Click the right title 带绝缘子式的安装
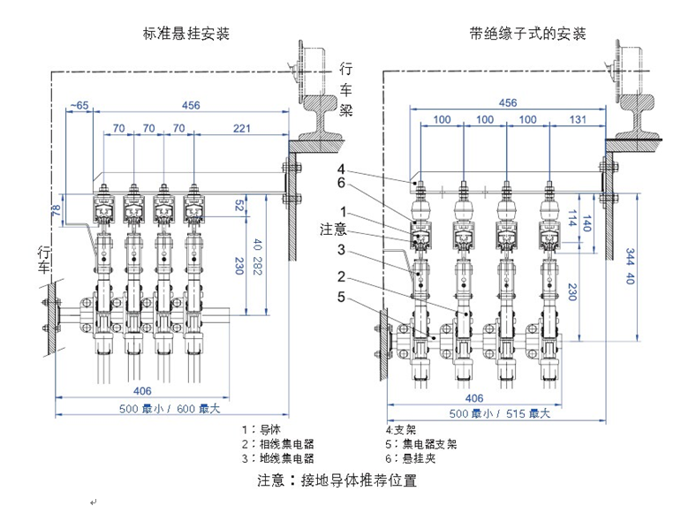pyautogui.click(x=529, y=34)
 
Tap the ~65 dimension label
pyautogui.click(x=79, y=106)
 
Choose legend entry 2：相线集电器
pyautogui.click(x=277, y=444)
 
